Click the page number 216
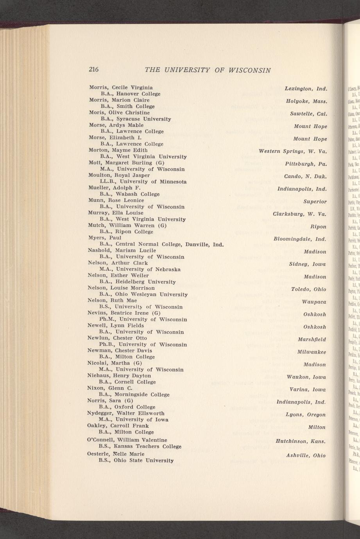tap(94, 70)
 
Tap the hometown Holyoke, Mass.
tap(306, 102)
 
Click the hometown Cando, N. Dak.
tap(305, 177)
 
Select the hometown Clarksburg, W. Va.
tap(299, 214)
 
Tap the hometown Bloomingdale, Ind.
tap(300, 239)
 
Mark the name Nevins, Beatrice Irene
tap(124, 313)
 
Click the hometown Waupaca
tap(314, 302)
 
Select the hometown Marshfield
tap(312, 339)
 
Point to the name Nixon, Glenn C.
tap(111, 388)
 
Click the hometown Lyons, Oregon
tap(306, 414)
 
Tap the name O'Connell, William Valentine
tap(127, 440)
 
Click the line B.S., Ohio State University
tap(136, 460)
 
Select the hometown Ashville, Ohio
tap(306, 455)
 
